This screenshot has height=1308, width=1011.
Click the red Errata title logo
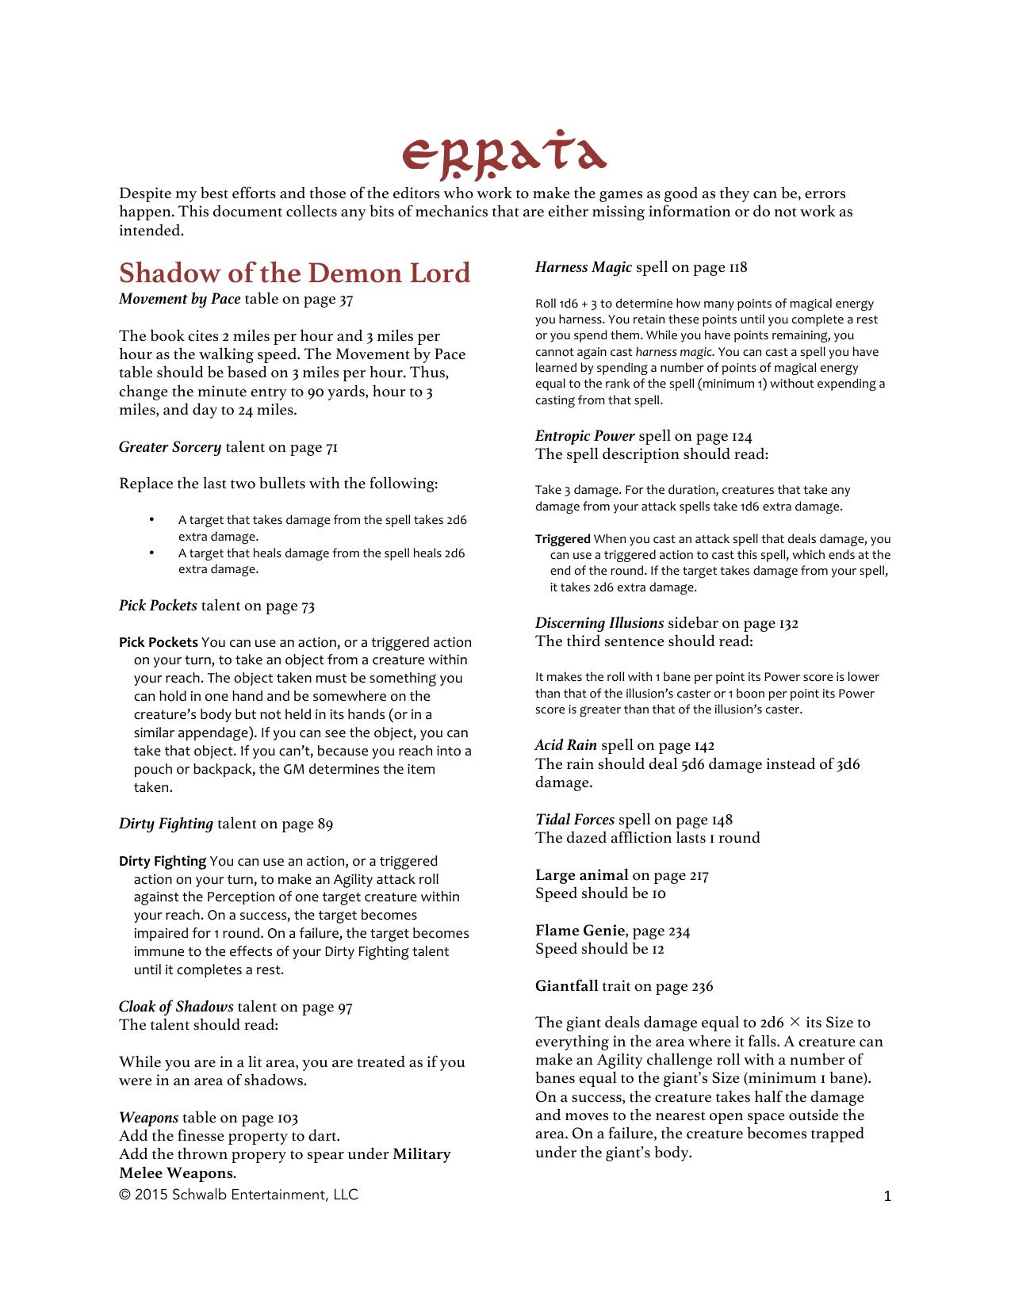(x=504, y=153)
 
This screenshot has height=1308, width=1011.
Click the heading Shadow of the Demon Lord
(x=294, y=273)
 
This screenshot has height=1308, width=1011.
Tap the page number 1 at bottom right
(x=887, y=1196)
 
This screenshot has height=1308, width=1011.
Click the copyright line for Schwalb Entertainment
(x=238, y=1195)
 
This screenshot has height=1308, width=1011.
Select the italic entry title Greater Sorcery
(x=170, y=447)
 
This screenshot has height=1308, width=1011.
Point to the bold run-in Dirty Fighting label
(x=163, y=861)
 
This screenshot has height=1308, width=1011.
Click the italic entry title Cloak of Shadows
(x=176, y=1007)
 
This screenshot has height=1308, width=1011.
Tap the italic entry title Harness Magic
(x=583, y=267)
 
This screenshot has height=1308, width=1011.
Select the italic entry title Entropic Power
(x=584, y=436)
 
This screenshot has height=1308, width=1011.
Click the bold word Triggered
(x=562, y=539)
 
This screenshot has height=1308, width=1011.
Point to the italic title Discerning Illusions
(x=599, y=623)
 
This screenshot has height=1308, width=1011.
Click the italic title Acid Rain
(x=565, y=745)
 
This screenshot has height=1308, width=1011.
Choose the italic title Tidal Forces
(x=574, y=820)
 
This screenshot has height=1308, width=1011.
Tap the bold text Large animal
(x=581, y=875)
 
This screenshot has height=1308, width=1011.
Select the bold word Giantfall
(x=566, y=986)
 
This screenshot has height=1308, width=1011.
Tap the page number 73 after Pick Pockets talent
(x=308, y=606)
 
